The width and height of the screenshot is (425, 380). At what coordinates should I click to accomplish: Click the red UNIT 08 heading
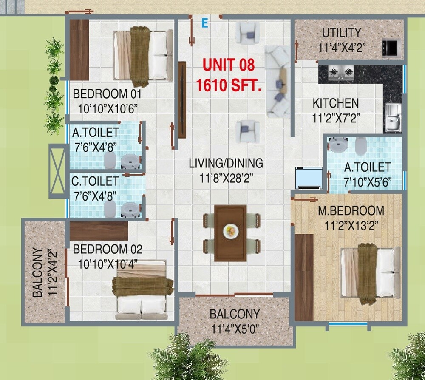click(228, 65)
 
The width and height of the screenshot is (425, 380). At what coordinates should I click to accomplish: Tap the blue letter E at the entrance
click(204, 23)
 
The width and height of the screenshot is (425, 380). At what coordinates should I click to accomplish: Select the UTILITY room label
click(341, 33)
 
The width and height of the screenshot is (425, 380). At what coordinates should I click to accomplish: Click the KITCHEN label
click(335, 103)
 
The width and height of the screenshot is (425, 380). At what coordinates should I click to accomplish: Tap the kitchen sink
click(392, 118)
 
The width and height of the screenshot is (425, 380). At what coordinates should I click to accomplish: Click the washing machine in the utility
click(391, 46)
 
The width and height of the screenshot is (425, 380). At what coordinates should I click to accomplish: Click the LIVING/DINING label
click(226, 163)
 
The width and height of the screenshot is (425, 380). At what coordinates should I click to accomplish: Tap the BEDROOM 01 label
click(107, 94)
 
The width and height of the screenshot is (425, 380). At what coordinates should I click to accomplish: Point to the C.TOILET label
click(95, 181)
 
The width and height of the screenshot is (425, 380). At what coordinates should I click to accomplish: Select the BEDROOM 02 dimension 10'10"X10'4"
click(108, 264)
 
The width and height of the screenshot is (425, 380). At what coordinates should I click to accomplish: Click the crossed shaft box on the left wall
click(57, 171)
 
